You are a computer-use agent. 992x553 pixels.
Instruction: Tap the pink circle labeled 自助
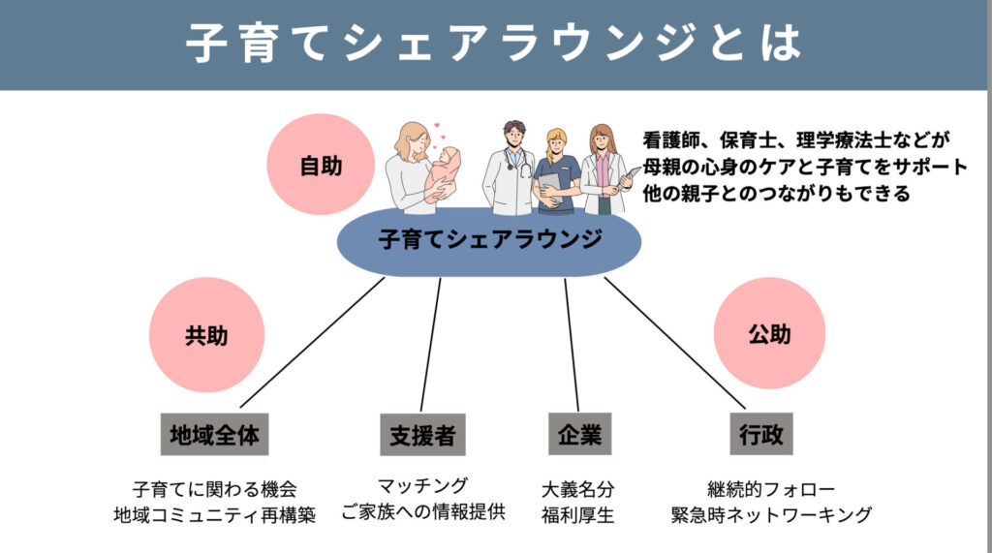[321, 165]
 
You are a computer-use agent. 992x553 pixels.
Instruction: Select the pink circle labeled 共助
[206, 335]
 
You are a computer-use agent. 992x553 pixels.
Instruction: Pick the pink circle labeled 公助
[769, 333]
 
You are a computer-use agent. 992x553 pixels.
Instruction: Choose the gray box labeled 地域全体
[214, 435]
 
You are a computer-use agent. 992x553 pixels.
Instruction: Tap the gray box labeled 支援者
[422, 435]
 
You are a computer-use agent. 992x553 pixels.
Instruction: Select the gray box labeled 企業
[579, 434]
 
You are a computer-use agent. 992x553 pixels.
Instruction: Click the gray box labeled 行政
[761, 434]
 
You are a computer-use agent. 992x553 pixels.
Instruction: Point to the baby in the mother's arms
[443, 170]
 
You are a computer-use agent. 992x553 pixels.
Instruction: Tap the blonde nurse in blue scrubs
[557, 170]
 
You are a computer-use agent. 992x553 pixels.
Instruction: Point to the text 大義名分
[577, 489]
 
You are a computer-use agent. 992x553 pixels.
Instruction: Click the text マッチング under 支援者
[422, 486]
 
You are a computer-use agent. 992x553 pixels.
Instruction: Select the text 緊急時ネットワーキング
[771, 515]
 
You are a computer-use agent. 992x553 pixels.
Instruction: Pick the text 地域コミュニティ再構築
[214, 515]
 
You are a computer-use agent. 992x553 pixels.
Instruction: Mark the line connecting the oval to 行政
[675, 343]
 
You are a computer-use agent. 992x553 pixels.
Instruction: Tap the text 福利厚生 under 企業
[577, 515]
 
